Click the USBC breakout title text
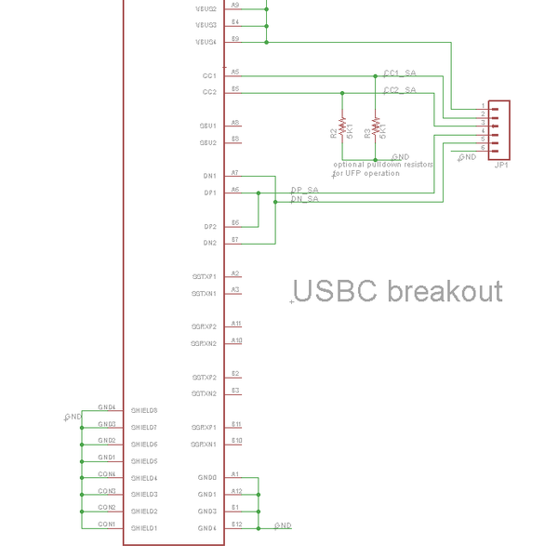(x=398, y=291)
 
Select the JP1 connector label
(x=501, y=166)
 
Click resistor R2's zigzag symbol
(x=342, y=126)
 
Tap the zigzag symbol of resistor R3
(x=376, y=126)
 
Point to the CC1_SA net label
(x=400, y=72)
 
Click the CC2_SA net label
(x=400, y=89)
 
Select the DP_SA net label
(x=305, y=190)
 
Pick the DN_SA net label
(x=305, y=199)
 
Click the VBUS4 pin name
(x=206, y=42)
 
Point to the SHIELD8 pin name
(x=144, y=410)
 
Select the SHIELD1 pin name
(x=144, y=528)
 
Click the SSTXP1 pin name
(x=204, y=276)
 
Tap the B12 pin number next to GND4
(x=237, y=525)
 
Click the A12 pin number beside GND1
(x=237, y=491)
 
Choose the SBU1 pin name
(x=207, y=126)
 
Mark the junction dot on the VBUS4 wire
(x=267, y=42)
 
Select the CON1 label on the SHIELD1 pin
(x=107, y=525)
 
